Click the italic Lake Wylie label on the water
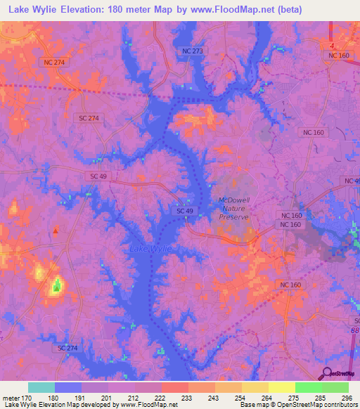tap(150, 249)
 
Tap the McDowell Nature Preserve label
tap(234, 209)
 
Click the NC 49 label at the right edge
tap(352, 181)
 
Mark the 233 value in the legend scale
tap(188, 397)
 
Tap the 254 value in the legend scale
tap(240, 397)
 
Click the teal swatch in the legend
tap(41, 387)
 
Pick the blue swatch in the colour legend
tap(68, 387)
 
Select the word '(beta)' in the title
tap(290, 10)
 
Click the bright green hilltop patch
tap(56, 285)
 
